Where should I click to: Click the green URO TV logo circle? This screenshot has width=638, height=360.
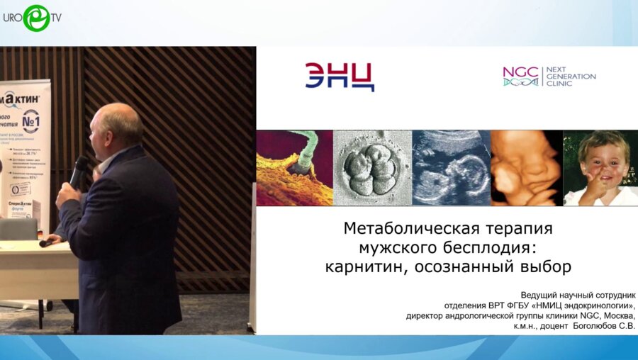[35, 17]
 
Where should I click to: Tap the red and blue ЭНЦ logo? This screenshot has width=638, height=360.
[340, 77]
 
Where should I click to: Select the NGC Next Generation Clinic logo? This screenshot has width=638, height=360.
[549, 77]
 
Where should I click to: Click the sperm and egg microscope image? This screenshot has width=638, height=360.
[294, 168]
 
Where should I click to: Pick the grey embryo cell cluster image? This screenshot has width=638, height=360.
[372, 168]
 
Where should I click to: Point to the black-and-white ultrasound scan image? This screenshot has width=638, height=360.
[452, 168]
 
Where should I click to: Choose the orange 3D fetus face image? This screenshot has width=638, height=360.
[527, 168]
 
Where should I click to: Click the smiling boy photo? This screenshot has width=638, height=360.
[600, 168]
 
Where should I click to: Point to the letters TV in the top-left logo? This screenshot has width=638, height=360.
[55, 17]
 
